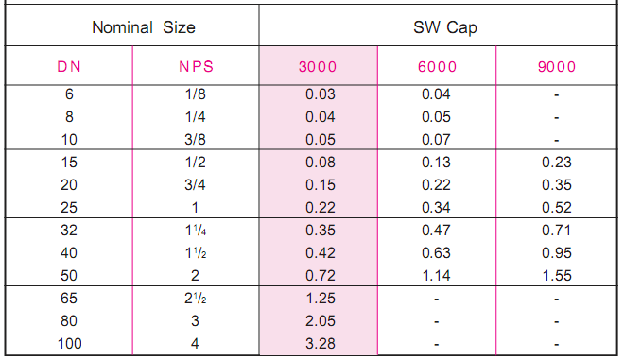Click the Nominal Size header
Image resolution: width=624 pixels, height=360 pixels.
(x=144, y=27)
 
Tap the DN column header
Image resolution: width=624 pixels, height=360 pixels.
(x=69, y=68)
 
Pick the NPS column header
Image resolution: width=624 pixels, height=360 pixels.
(x=196, y=68)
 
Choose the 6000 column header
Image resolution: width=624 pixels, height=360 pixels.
(x=437, y=68)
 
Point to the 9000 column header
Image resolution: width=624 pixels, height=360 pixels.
(x=557, y=68)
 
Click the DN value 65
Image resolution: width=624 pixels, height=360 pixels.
(x=69, y=300)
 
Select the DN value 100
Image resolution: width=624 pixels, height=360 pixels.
(x=69, y=343)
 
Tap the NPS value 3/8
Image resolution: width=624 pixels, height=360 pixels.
(x=195, y=140)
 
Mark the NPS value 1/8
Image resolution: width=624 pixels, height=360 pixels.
(x=195, y=95)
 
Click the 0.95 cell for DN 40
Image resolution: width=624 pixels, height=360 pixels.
(x=557, y=252)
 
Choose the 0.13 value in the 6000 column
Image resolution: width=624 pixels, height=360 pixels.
(x=437, y=163)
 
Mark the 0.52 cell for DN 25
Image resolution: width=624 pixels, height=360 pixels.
(x=557, y=207)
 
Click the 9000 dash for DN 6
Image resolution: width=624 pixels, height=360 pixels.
(x=557, y=95)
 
